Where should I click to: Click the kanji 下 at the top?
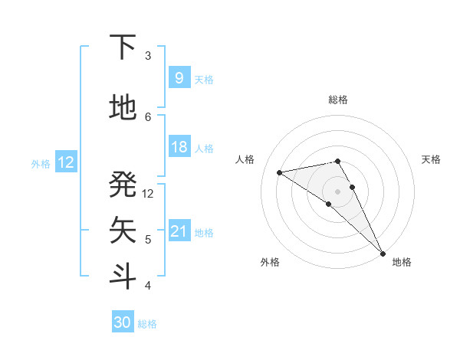tap(123, 47)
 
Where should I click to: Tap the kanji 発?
tap(123, 184)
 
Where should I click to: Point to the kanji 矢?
tap(123, 229)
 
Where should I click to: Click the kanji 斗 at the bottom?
tap(123, 275)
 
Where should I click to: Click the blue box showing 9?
tap(179, 78)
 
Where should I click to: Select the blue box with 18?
tap(179, 147)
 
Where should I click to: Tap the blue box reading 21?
tap(179, 231)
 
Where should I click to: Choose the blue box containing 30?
tap(123, 322)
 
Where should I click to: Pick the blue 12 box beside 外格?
tap(66, 162)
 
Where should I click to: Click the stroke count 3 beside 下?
tap(148, 56)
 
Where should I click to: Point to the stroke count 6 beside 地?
tap(148, 116)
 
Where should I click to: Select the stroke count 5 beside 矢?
tap(148, 239)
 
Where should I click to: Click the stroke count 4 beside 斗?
tap(148, 285)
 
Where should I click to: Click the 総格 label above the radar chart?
tap(337, 100)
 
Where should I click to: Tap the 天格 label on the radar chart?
tap(431, 159)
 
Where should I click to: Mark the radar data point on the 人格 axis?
tap(279, 172)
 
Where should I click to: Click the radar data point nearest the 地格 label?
tap(383, 253)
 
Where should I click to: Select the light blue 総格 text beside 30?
tap(147, 324)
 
